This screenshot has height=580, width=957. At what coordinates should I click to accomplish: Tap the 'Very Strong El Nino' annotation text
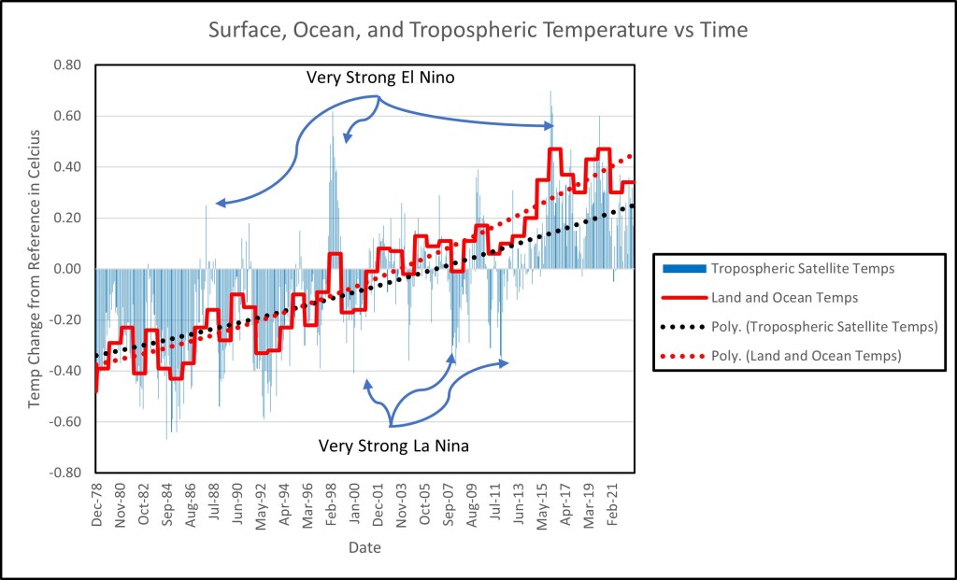coord(380,78)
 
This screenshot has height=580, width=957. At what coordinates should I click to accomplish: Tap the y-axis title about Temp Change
coord(36,269)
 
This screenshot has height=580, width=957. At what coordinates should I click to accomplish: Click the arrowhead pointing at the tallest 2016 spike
coord(551,125)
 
